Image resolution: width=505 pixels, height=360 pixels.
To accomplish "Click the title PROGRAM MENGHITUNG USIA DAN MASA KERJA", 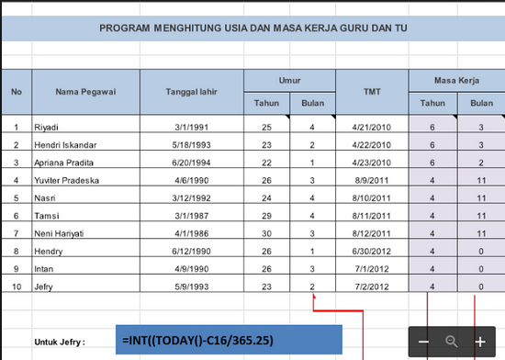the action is (253, 28).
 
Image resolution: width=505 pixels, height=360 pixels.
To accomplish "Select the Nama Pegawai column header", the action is (85, 92).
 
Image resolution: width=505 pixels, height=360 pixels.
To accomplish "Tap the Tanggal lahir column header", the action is (191, 92).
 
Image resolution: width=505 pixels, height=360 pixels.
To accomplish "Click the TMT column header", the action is (372, 92).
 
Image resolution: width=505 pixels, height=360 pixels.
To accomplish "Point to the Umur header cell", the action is (290, 80).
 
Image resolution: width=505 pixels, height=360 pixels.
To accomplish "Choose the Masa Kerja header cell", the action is (456, 80).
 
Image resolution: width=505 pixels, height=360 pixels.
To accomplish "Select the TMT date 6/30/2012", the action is (371, 250).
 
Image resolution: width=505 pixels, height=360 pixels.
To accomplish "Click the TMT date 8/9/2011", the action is (371, 180).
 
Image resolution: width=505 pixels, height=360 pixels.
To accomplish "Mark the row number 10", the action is (17, 286).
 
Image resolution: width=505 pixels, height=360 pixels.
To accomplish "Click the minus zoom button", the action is (424, 342).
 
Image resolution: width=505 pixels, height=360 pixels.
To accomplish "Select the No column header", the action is (17, 92).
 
